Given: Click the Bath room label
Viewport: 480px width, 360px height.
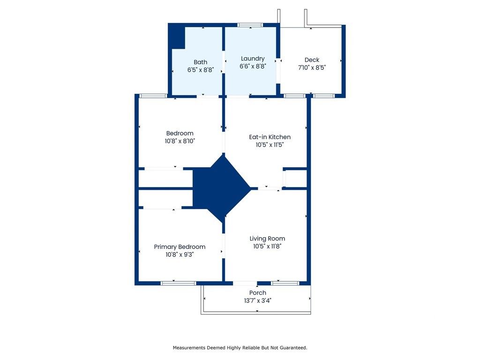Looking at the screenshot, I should point(200,62).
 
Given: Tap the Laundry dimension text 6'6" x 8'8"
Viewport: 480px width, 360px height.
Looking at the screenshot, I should point(253,67).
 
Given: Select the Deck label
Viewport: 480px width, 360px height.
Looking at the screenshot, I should point(312,60).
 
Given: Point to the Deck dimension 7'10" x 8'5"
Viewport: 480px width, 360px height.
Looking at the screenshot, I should point(312,67).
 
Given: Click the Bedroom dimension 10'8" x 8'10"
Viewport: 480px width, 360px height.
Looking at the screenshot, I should point(180,141).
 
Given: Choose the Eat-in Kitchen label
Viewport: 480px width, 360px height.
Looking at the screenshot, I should point(270,137).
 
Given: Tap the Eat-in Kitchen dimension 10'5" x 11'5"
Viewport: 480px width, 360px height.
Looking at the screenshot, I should point(270,145).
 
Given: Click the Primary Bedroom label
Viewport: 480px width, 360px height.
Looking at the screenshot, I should point(180,247).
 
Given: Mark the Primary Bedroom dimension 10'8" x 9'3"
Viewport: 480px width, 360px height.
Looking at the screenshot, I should point(180,255).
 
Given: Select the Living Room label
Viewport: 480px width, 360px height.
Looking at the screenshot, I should point(267,238).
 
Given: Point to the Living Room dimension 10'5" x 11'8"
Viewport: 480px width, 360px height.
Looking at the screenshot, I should point(267,246).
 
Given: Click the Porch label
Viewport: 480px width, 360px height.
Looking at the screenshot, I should point(257,292).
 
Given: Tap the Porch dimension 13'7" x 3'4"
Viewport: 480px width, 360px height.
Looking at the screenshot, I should point(257,300).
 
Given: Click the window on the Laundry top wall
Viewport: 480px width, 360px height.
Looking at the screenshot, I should point(250,25).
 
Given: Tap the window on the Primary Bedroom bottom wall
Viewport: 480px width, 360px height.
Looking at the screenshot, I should point(178,283).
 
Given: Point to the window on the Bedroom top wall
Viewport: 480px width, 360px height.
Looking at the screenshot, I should point(153,96).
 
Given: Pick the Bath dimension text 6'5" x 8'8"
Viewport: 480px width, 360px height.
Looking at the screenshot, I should point(200,70).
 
